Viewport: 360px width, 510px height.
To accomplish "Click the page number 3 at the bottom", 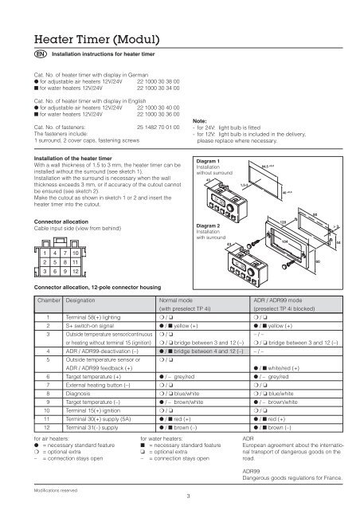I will point(181,498).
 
